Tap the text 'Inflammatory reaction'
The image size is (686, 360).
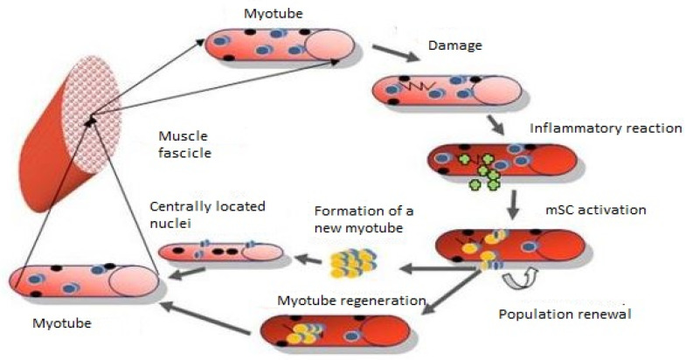(606, 129)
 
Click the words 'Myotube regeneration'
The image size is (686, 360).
(351, 301)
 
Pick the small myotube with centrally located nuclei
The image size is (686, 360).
(220, 253)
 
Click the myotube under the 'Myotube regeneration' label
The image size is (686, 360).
(333, 329)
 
